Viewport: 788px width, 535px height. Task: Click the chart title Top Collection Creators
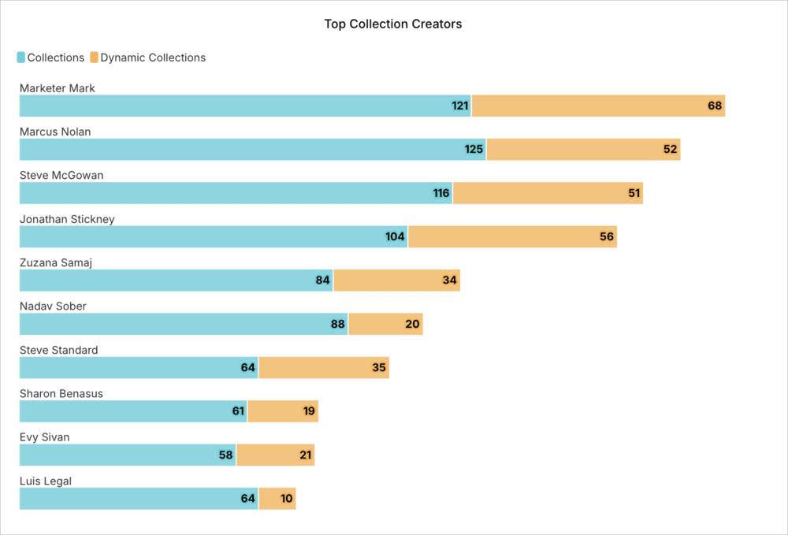[392, 24]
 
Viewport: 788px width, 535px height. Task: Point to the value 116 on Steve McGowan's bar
[441, 193]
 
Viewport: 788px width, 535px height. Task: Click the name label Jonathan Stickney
[67, 219]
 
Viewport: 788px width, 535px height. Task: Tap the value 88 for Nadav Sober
[338, 324]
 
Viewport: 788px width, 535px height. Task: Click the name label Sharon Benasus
[61, 393]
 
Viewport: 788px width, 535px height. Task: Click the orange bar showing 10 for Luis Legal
[277, 499]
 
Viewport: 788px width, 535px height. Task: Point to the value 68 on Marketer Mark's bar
[715, 106]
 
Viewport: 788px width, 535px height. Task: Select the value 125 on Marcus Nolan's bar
[474, 150]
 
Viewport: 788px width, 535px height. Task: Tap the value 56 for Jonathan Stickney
[607, 237]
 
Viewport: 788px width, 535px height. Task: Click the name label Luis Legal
[46, 481]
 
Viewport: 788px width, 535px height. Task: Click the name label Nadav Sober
[53, 306]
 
